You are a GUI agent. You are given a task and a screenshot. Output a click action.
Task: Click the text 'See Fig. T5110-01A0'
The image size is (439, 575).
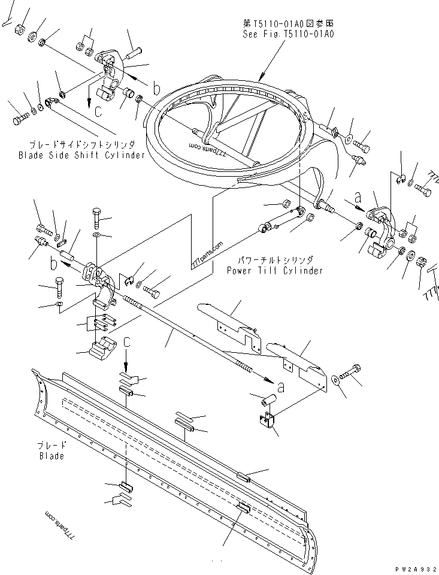pyautogui.click(x=288, y=34)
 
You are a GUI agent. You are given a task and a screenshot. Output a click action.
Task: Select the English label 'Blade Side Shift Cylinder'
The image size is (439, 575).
pyautogui.click(x=81, y=155)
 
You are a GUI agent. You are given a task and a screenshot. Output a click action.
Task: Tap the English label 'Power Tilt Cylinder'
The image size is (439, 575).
pyautogui.click(x=275, y=270)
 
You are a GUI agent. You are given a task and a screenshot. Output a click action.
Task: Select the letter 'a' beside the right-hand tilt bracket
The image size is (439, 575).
pyautogui.click(x=358, y=196)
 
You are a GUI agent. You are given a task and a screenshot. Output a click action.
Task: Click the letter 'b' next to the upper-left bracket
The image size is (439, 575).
pyautogui.click(x=156, y=90)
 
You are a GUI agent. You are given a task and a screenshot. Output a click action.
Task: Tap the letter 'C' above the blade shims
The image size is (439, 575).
pyautogui.click(x=127, y=342)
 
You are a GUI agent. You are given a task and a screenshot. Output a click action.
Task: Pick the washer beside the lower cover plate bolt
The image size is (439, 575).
pyautogui.click(x=334, y=379)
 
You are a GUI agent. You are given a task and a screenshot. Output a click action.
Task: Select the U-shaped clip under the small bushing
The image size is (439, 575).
pyautogui.click(x=268, y=420)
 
